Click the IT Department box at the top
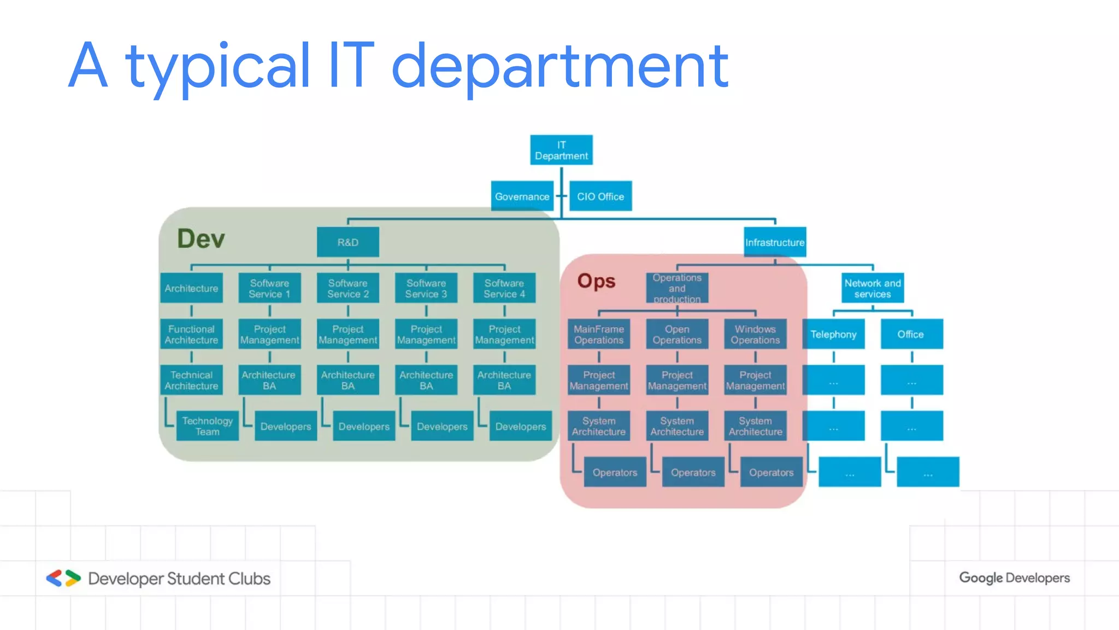[x=561, y=150]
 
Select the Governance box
[x=522, y=196]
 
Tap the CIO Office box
[x=600, y=196]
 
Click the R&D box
[x=348, y=242]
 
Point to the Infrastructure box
[x=774, y=242]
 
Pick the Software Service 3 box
[x=426, y=288]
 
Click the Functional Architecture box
[x=191, y=334]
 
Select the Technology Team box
[x=207, y=426]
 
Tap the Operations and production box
[x=676, y=288]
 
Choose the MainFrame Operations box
[x=598, y=334]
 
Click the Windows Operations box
[x=755, y=334]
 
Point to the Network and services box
[x=872, y=288]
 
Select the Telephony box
[x=833, y=334]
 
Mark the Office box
[x=911, y=334]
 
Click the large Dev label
[x=201, y=239]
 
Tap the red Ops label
[x=596, y=281]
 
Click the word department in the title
[x=559, y=67]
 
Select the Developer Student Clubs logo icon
[x=63, y=578]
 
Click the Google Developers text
[x=1014, y=578]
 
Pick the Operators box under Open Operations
[x=692, y=472]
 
